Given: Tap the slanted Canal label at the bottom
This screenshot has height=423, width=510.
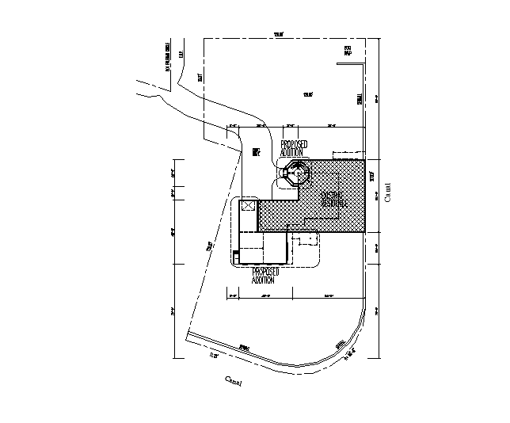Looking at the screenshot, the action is (x=232, y=382).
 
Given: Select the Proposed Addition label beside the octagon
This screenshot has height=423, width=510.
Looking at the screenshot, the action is (x=294, y=147).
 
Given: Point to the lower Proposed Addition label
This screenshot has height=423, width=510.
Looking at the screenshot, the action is (x=264, y=275).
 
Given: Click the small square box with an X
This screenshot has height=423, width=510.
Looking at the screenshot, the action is (x=248, y=206).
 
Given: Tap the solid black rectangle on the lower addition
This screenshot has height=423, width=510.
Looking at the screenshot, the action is (x=235, y=254).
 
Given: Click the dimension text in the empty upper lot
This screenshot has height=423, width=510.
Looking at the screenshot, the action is (x=309, y=95).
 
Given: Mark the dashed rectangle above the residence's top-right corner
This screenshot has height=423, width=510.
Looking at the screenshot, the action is (x=349, y=154).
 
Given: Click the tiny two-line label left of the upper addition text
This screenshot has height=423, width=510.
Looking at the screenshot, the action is (x=256, y=152).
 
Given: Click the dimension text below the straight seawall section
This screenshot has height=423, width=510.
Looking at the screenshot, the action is (x=213, y=356).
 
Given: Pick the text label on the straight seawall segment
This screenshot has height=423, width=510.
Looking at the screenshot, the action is (x=245, y=347).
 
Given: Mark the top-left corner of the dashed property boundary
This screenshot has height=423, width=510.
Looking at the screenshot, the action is (x=204, y=40).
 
